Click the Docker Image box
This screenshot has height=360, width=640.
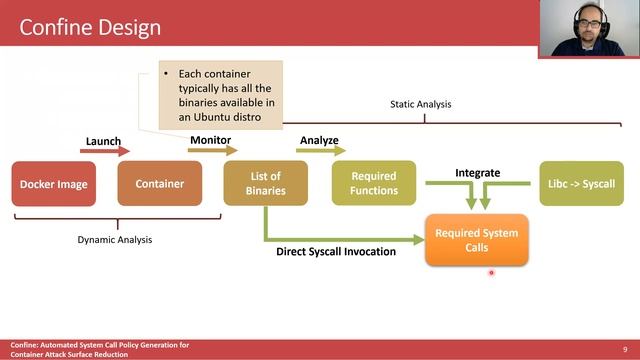pyautogui.click(x=54, y=184)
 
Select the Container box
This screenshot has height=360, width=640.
pyautogui.click(x=160, y=184)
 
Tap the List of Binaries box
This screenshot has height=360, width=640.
pyautogui.click(x=265, y=184)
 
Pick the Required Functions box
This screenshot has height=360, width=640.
pyautogui.click(x=373, y=184)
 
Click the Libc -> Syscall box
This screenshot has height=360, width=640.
pyautogui.click(x=581, y=184)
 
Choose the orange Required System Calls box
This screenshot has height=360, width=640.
pyautogui.click(x=476, y=240)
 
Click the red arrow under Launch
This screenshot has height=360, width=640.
pyautogui.click(x=106, y=151)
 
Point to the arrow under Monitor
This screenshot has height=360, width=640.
pyautogui.click(x=213, y=151)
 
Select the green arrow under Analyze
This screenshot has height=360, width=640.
pyautogui.click(x=320, y=151)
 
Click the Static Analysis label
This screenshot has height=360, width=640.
pyautogui.click(x=421, y=104)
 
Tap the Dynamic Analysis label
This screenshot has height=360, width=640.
pyautogui.click(x=115, y=239)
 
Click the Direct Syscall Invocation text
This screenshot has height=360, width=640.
pyautogui.click(x=336, y=251)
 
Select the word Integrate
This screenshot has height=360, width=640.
pyautogui.click(x=477, y=173)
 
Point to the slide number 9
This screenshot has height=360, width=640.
pyautogui.click(x=624, y=348)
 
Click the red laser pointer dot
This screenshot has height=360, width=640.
pyautogui.click(x=491, y=270)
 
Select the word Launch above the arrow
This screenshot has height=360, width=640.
pyautogui.click(x=103, y=141)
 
